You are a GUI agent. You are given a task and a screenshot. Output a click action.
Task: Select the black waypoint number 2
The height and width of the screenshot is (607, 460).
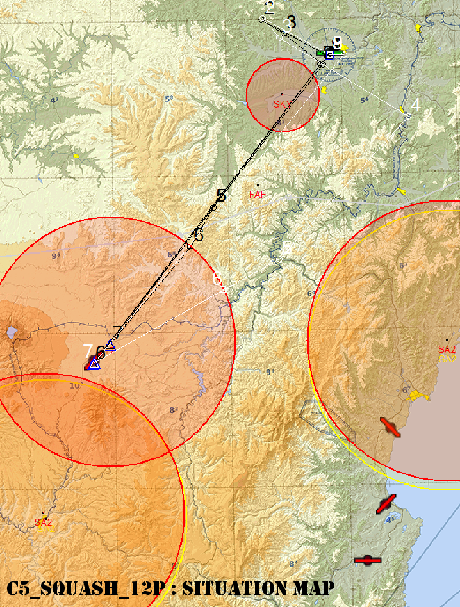click(x=269, y=8)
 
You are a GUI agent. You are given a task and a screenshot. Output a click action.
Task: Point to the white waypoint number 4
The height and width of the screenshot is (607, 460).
click(x=415, y=104)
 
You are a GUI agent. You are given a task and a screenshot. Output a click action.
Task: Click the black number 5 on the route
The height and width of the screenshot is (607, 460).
click(x=221, y=196)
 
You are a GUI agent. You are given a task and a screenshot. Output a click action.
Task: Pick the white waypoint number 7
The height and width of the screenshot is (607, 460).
click(x=88, y=351)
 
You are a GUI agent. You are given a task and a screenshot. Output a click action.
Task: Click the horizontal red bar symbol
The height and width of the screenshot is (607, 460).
click(x=368, y=561)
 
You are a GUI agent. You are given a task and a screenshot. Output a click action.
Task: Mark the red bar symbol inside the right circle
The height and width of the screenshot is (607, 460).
click(x=390, y=427)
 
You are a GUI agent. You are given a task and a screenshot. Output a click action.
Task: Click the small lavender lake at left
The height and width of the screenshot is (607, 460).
click(x=12, y=333)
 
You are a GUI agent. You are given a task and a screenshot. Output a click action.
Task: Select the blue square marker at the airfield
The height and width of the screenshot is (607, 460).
click(x=329, y=55)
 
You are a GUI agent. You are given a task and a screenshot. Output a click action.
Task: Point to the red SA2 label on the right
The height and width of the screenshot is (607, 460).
click(x=447, y=349)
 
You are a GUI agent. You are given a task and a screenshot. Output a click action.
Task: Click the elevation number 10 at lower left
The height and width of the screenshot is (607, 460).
click(x=75, y=385)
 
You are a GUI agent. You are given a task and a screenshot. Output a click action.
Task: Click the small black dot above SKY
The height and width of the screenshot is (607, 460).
click(x=281, y=95)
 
